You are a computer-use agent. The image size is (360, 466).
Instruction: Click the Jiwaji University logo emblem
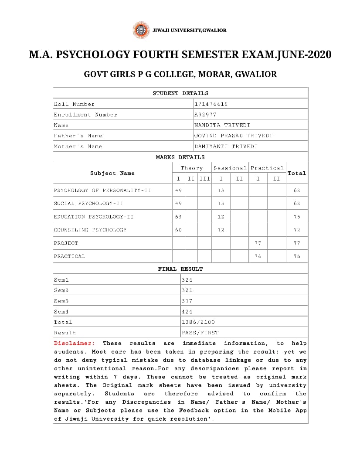tap(140, 30)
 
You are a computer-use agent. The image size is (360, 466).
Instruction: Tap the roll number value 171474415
tap(211, 104)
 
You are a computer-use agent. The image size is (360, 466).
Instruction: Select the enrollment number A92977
tap(205, 115)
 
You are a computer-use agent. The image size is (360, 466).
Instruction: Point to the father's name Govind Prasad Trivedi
tap(233, 136)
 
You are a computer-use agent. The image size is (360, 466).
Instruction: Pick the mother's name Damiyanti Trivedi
tap(226, 146)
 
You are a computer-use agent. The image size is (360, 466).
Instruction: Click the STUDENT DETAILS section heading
tap(180, 93)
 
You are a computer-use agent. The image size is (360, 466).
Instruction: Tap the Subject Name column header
tap(112, 173)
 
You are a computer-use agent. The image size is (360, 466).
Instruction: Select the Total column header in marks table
tap(297, 173)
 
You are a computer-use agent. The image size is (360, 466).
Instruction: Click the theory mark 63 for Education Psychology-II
tap(178, 217)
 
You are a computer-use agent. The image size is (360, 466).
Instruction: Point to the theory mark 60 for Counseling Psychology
tap(178, 230)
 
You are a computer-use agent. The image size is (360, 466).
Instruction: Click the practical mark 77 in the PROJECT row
tap(258, 243)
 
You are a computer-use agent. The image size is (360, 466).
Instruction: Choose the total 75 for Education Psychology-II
tap(297, 217)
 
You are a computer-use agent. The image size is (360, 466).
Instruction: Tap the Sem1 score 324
tap(187, 280)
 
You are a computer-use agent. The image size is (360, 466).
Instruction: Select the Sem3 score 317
tap(187, 301)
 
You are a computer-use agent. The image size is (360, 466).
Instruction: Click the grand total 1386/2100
tap(198, 322)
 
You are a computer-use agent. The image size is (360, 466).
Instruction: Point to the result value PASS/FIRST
tap(200, 333)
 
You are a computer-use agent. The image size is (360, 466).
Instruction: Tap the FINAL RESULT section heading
tap(180, 269)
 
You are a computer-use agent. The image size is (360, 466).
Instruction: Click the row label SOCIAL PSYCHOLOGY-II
tap(88, 203)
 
